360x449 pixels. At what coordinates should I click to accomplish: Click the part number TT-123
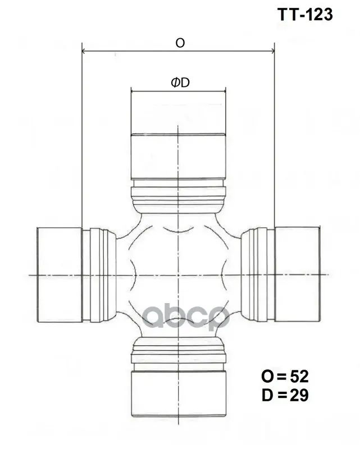tap(305, 15)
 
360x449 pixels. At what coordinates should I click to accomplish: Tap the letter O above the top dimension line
tap(180, 43)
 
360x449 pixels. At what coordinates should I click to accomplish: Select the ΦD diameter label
tap(180, 83)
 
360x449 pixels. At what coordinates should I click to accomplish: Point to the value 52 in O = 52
tap(299, 376)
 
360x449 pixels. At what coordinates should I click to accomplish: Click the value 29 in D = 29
tap(299, 395)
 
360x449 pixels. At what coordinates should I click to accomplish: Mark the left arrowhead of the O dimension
tap(84, 51)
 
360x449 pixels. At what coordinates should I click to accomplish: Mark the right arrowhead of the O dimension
tap(272, 51)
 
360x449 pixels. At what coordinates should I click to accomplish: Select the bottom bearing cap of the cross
tap(178, 393)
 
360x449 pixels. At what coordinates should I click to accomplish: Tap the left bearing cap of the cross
tap(60, 274)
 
